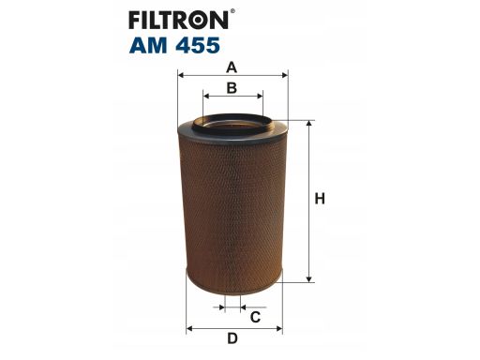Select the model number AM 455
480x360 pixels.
tap(174, 45)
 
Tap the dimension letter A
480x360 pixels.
tap(232, 67)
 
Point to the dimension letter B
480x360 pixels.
tap(232, 88)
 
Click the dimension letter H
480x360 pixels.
tap(320, 199)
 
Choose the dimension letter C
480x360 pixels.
tap(255, 317)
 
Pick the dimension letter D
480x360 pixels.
tap(232, 338)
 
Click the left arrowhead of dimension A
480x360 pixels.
tap(180, 75)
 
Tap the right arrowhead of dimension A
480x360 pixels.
tap(285, 75)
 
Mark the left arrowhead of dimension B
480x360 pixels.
tap(206, 96)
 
